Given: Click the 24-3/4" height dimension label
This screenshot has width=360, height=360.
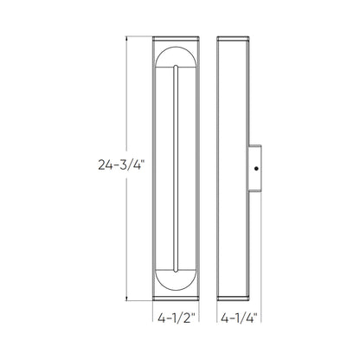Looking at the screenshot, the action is pos(121,165).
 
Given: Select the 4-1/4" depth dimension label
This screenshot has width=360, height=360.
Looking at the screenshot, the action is pos(239,318).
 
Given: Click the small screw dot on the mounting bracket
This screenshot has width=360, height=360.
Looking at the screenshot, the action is pos(256,169).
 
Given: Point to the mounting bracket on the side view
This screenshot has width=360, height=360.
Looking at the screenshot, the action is pos(255,168).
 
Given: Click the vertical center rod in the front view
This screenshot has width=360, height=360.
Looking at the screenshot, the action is pos(176,169).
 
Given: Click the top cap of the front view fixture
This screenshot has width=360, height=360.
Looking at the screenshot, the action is pos(176,39).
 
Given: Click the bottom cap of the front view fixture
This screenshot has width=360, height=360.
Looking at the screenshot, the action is pos(176,299).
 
